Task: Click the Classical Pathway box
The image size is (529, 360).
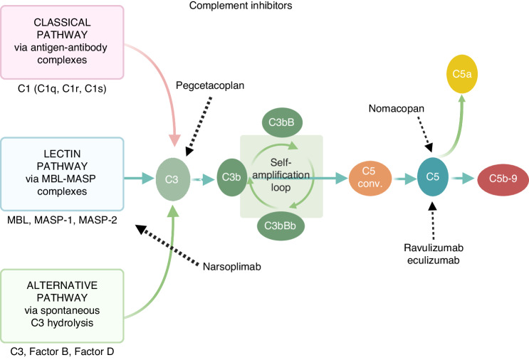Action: coord(63,42)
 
